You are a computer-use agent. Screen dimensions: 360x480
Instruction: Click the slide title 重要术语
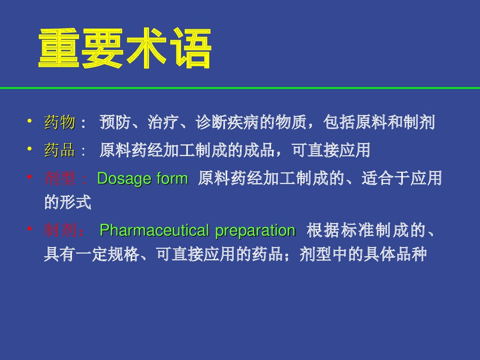click(125, 49)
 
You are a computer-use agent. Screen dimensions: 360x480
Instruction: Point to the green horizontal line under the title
click(240, 88)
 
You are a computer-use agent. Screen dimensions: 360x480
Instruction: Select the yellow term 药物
click(60, 123)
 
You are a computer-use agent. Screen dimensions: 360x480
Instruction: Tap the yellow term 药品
click(60, 151)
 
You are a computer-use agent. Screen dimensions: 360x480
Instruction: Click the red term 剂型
click(60, 179)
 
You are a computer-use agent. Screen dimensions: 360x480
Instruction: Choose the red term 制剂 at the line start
click(60, 231)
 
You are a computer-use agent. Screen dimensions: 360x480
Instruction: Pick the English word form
click(171, 179)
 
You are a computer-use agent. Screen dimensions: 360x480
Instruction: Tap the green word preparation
click(255, 231)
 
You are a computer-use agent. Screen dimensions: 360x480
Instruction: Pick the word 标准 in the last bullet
click(346, 231)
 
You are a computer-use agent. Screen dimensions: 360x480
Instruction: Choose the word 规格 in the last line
click(130, 254)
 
